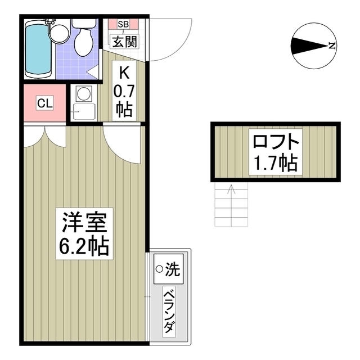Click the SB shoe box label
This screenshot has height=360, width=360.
124,24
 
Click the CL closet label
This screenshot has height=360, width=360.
45,103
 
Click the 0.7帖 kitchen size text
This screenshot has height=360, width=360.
124,99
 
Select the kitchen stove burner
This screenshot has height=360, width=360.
83,93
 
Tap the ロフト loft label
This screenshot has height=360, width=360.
274,141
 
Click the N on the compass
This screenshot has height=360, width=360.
332,46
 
